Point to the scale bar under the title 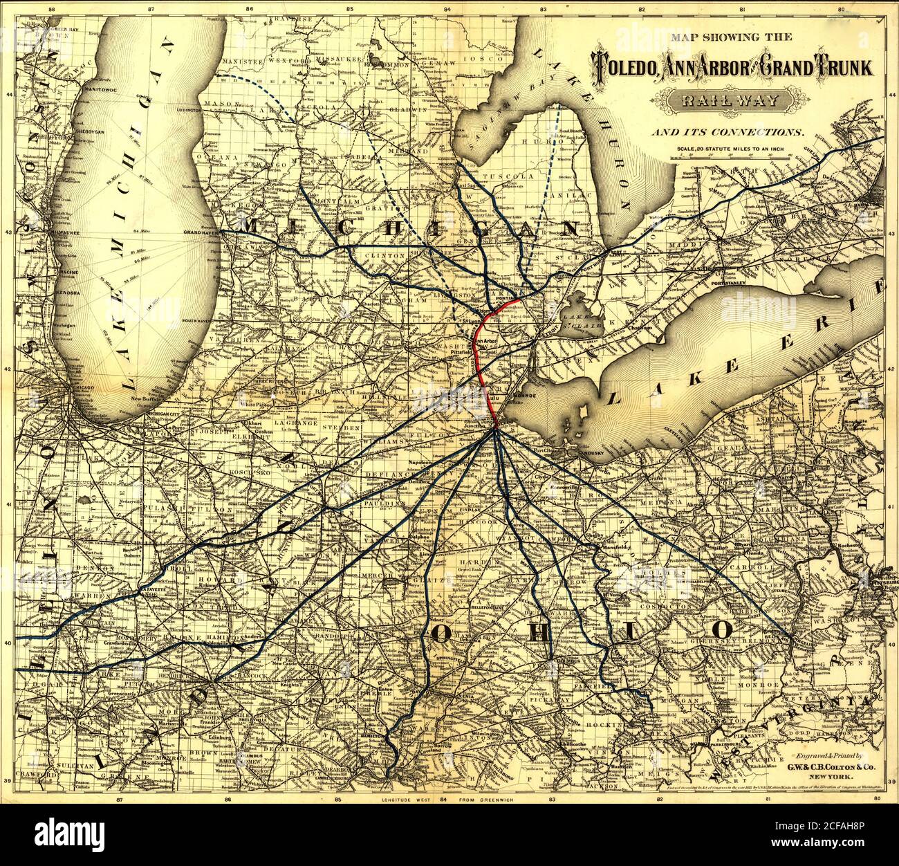point(732,157)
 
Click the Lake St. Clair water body point(580,319)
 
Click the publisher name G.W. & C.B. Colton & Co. point(819,767)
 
